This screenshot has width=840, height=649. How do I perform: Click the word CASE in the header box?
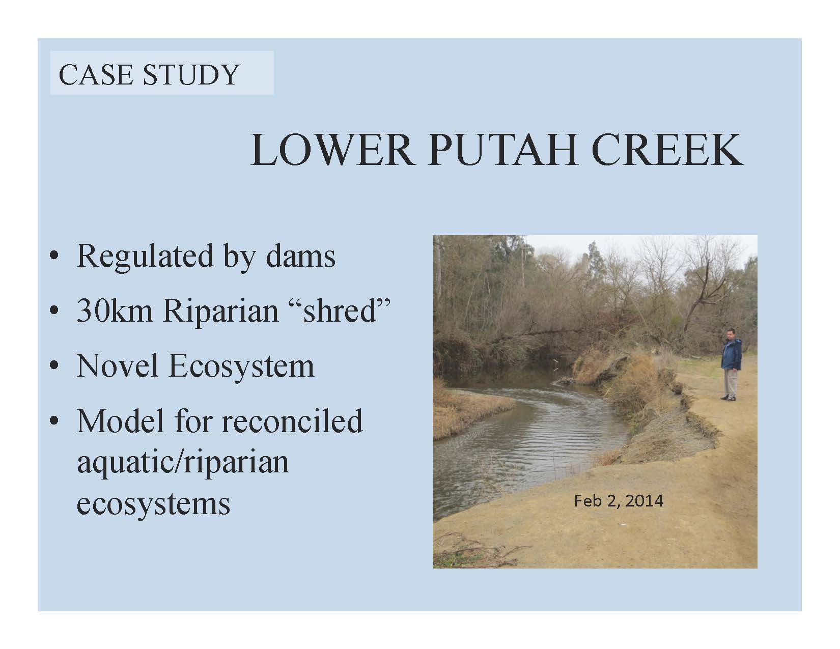pyautogui.click(x=96, y=75)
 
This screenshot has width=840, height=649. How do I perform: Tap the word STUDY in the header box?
pyautogui.click(x=191, y=75)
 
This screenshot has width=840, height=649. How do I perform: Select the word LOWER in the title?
pyautogui.click(x=331, y=150)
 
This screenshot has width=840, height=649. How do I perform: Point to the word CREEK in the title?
pyautogui.click(x=667, y=150)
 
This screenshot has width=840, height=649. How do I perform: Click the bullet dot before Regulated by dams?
pyautogui.click(x=54, y=256)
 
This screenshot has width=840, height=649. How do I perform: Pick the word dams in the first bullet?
pyautogui.click(x=301, y=256)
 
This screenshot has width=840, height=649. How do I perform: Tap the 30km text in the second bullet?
pyautogui.click(x=115, y=311)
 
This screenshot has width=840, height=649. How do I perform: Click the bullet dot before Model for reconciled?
pyautogui.click(x=54, y=420)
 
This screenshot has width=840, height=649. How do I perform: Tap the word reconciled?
pyautogui.click(x=292, y=420)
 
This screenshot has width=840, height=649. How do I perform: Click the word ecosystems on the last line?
pyautogui.click(x=153, y=505)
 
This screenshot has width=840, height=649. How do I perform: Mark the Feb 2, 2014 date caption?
pyautogui.click(x=619, y=501)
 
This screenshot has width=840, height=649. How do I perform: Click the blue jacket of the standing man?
pyautogui.click(x=731, y=354)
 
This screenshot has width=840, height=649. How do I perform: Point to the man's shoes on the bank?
pyautogui.click(x=729, y=398)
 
